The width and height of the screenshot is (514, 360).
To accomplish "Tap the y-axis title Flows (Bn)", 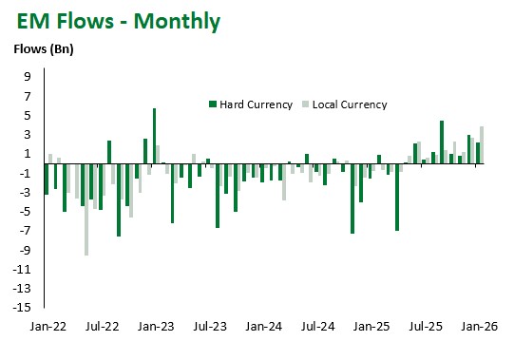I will (x=42, y=49).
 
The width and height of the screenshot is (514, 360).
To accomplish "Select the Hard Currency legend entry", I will (x=250, y=104).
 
